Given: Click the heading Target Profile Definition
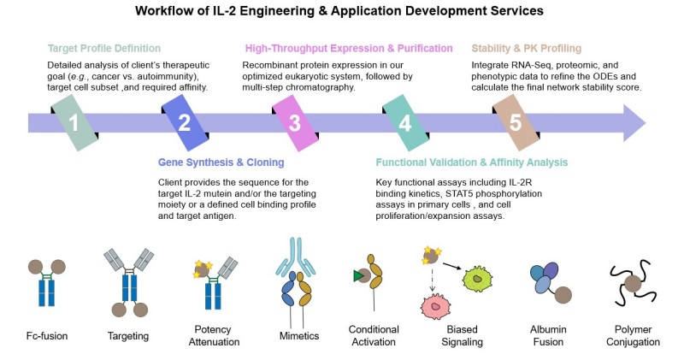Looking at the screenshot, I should (x=103, y=48).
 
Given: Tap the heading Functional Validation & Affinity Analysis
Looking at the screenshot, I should (x=472, y=162).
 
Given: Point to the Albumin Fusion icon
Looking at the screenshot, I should (x=551, y=284).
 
